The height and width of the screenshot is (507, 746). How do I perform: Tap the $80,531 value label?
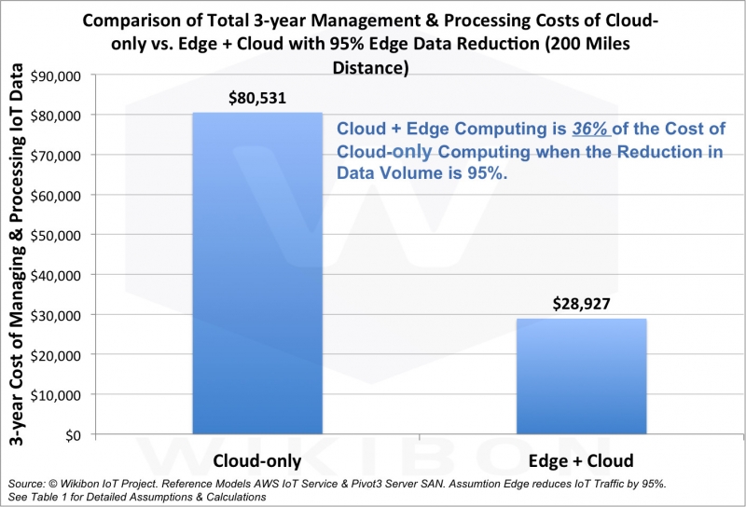tap(256, 96)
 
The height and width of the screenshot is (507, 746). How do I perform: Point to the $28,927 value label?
tap(579, 303)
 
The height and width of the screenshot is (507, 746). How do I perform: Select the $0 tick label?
tap(71, 434)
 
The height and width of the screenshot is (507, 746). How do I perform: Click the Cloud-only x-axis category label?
tap(256, 460)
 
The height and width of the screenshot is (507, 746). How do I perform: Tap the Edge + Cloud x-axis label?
tap(579, 460)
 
